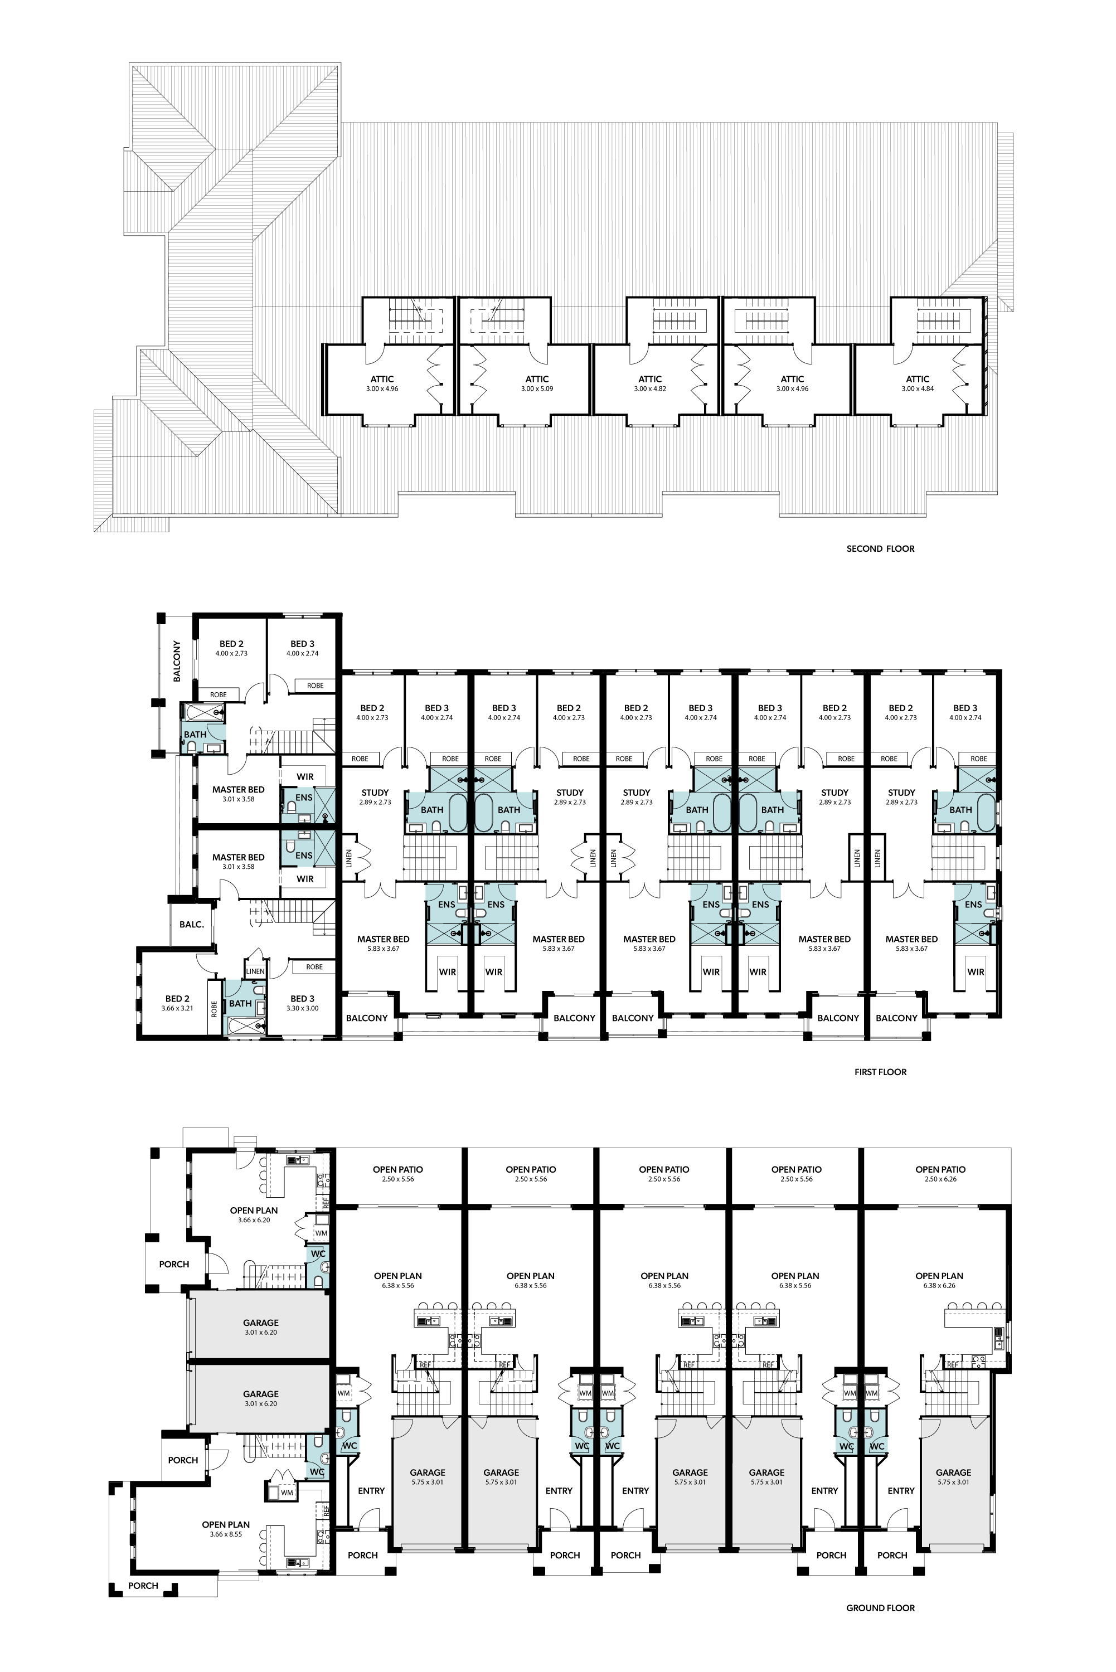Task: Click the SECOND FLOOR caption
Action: point(880,548)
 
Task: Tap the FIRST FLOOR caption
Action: point(880,1072)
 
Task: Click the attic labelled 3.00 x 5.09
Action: point(537,383)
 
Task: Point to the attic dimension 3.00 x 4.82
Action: point(650,389)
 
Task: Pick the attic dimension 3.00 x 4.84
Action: point(918,389)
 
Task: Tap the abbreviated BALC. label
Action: point(191,924)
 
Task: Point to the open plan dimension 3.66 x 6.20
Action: point(254,1220)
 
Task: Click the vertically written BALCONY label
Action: point(177,661)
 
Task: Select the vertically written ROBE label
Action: point(214,1009)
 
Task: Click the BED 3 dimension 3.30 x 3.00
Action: point(303,1008)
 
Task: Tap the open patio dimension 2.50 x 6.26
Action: point(940,1179)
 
